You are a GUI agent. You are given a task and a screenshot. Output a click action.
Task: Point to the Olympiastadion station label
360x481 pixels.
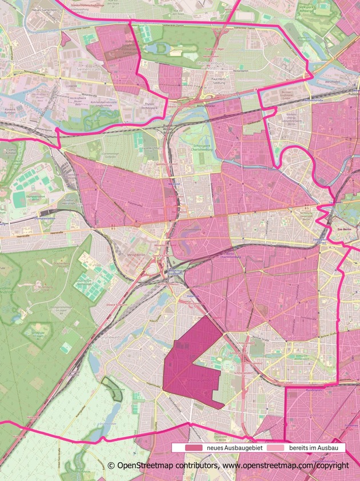[31, 218]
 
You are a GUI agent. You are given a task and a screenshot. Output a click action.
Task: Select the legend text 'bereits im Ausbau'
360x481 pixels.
[313, 448]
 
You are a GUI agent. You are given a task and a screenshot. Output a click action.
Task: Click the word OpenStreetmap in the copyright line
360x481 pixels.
[150, 466]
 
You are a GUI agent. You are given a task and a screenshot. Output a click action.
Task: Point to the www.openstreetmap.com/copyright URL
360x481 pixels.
[286, 466]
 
